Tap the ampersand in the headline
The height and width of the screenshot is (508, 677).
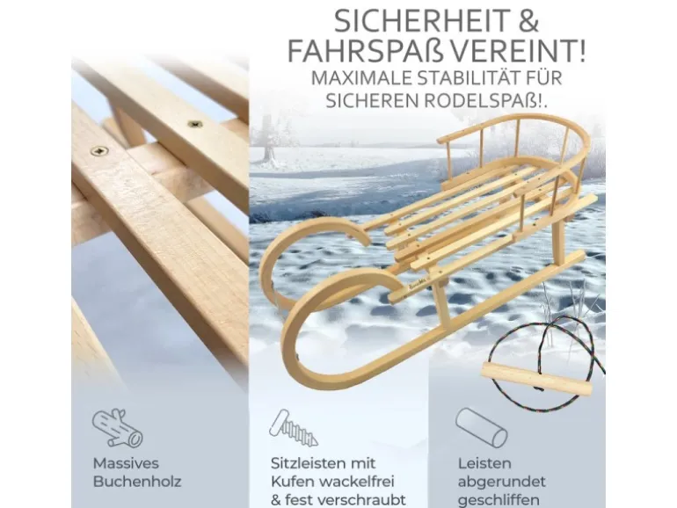click(528, 22)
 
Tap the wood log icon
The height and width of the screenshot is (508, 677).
click(117, 428)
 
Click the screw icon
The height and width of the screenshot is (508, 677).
click(294, 428)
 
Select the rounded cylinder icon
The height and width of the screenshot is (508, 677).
click(482, 428)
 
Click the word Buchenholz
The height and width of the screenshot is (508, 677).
click(137, 482)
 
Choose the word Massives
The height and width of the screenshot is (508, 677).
click(126, 463)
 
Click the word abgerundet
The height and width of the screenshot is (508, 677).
click(502, 482)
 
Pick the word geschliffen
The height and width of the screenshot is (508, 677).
click(499, 500)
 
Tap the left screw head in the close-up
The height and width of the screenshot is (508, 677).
click(99, 151)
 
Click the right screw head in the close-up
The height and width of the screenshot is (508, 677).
click(194, 124)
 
